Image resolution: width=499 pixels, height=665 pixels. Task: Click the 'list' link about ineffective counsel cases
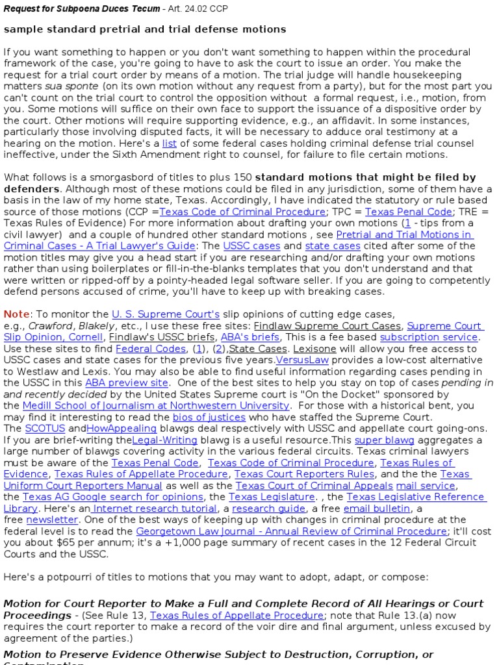click(169, 144)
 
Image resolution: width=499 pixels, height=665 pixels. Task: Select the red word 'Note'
click(16, 314)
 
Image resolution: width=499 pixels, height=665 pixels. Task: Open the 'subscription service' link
click(429, 338)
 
